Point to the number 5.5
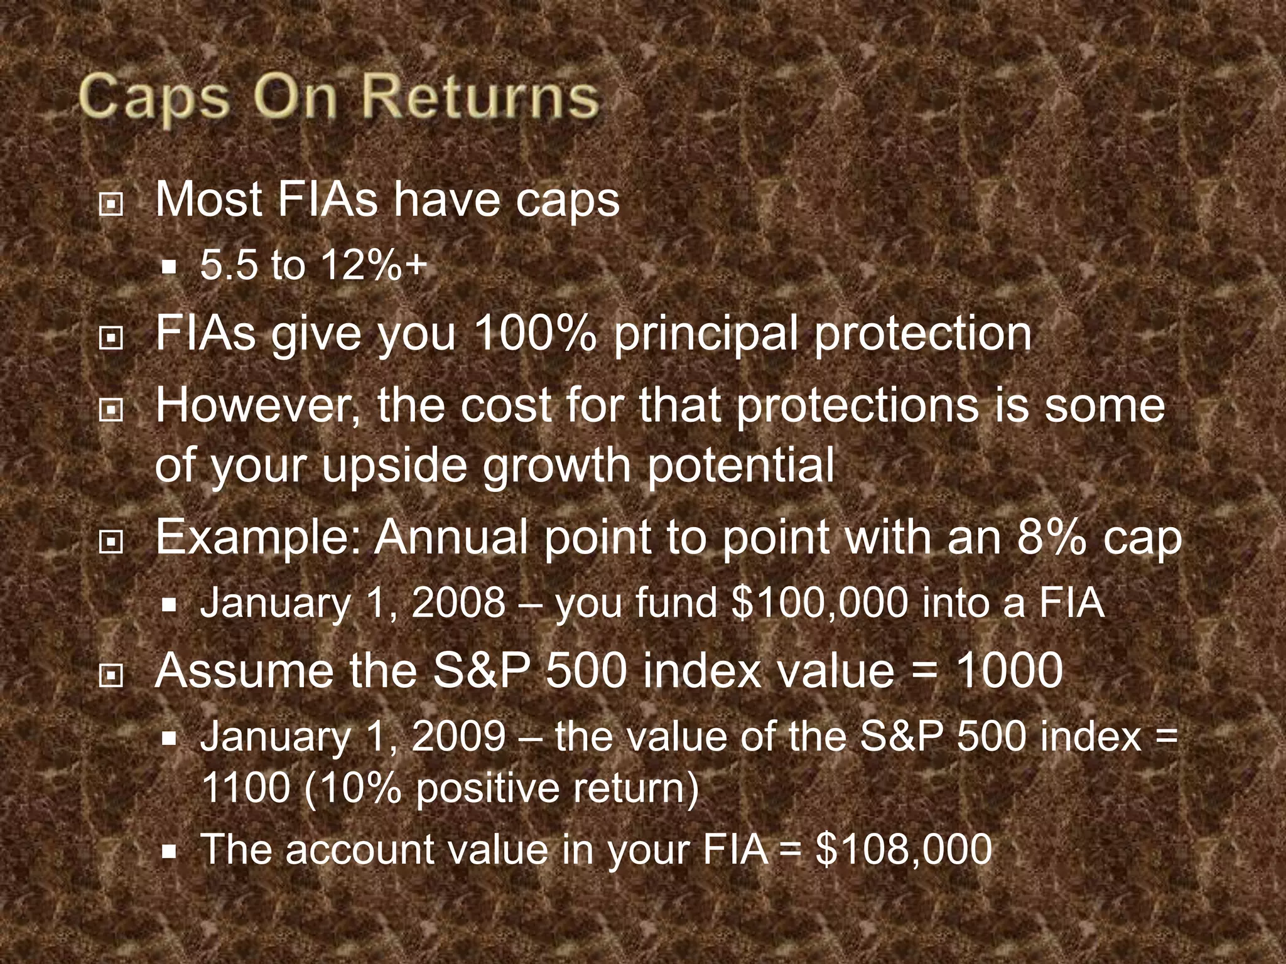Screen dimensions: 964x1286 pos(229,266)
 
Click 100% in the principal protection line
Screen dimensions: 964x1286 pos(535,333)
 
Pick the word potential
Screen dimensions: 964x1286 pos(741,466)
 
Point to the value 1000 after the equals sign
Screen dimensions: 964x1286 pos(1008,670)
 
